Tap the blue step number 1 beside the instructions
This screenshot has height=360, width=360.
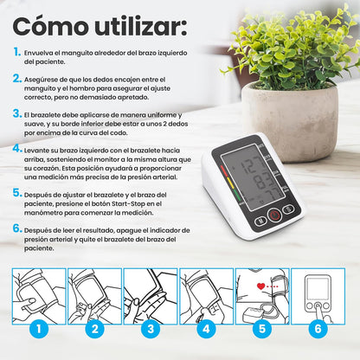[x=17, y=52]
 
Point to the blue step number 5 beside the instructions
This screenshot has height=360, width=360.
[x=17, y=194]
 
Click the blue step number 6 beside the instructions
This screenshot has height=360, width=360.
[x=17, y=229]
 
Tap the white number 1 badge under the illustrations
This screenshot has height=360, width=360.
[x=37, y=329]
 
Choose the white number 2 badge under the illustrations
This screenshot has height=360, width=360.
[x=93, y=329]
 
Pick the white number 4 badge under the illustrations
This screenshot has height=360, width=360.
[x=206, y=329]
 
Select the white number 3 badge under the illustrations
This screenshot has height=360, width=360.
[x=150, y=329]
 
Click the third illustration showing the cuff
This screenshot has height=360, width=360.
[x=150, y=293]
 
